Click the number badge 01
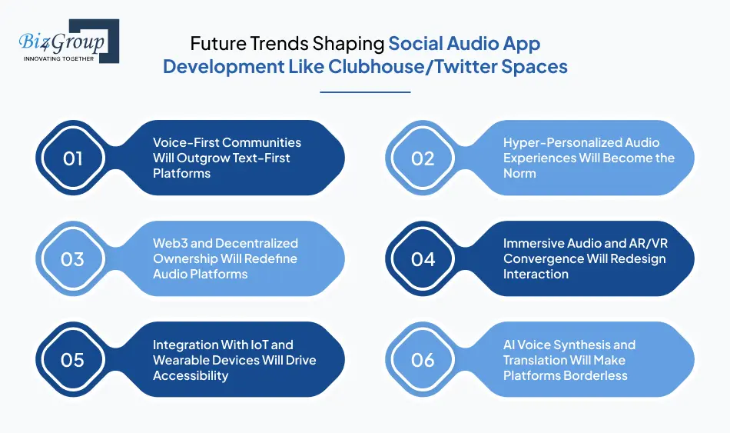click(x=72, y=158)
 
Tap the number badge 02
click(x=423, y=158)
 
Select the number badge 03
click(x=72, y=259)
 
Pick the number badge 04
click(x=423, y=259)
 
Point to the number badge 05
click(x=72, y=360)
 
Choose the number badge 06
click(x=423, y=360)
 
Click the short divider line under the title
click(x=364, y=92)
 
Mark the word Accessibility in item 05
click(x=191, y=376)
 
